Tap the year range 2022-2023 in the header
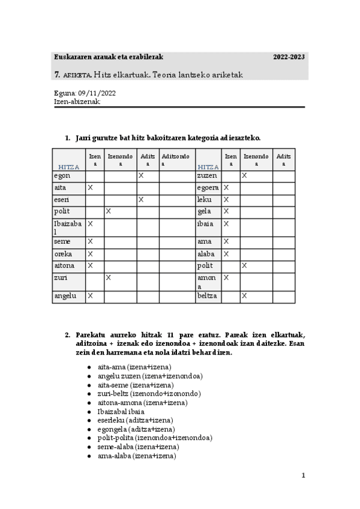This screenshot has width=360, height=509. pyautogui.click(x=289, y=57)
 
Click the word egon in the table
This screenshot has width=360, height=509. pyautogui.click(x=62, y=176)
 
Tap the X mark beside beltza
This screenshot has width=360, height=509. pyautogui.click(x=244, y=296)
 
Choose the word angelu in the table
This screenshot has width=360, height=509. pyautogui.click(x=65, y=296)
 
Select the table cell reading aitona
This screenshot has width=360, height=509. pyautogui.click(x=64, y=265)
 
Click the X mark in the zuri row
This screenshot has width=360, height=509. pyautogui.click(x=109, y=278)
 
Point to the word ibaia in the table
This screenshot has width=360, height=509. pyautogui.click(x=206, y=224)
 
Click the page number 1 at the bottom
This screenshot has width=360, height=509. pyautogui.click(x=304, y=476)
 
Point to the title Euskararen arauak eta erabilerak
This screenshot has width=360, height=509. pyautogui.click(x=109, y=57)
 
